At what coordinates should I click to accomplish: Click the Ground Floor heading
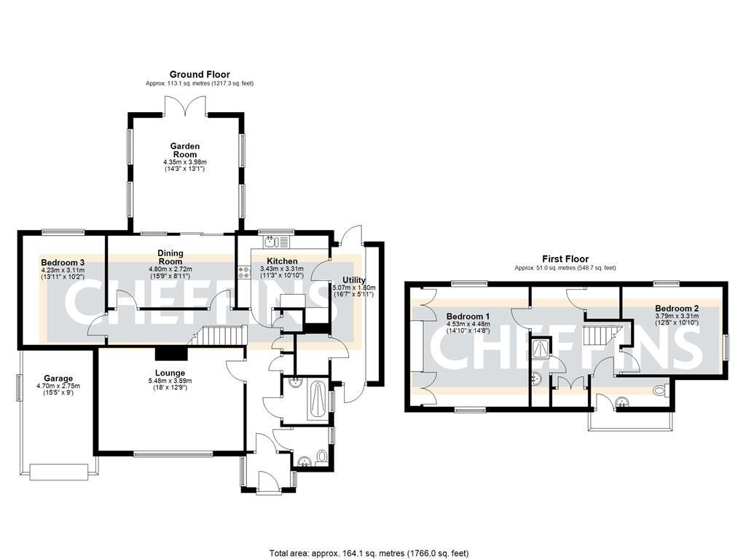tap(200, 74)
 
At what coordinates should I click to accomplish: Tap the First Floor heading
tap(565, 258)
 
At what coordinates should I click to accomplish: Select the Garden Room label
tap(185, 150)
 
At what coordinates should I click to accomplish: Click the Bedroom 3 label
tap(63, 262)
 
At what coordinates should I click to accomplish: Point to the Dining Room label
tap(170, 257)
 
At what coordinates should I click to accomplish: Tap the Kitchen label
tap(282, 261)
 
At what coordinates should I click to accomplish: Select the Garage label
tap(58, 378)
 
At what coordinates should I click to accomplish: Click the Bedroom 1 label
tap(468, 317)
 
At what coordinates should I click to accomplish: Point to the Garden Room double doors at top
tap(186, 105)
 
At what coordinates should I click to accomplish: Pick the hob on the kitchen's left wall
tap(242, 271)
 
